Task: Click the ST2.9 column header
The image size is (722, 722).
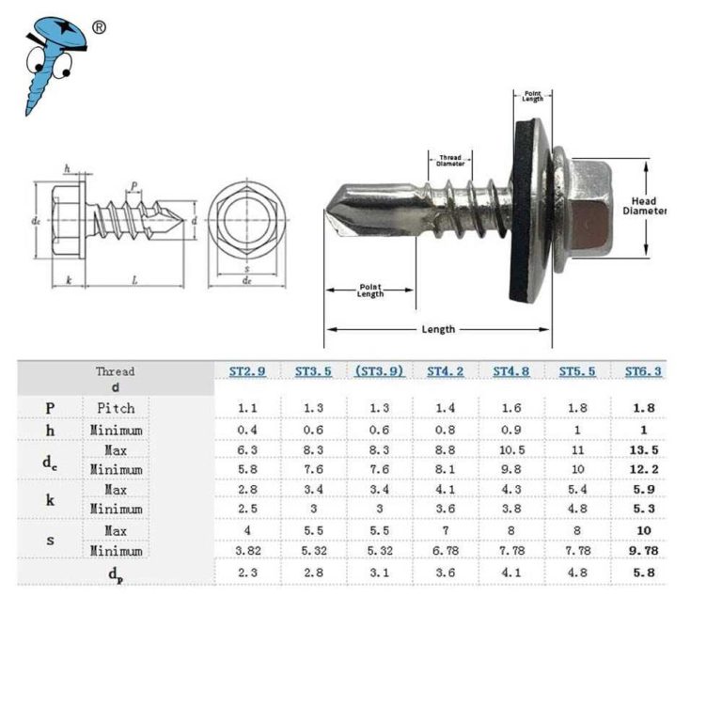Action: (247, 371)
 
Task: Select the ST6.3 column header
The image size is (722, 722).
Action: (644, 371)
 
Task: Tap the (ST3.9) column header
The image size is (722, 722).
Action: (380, 371)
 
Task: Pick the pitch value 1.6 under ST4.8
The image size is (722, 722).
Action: (511, 408)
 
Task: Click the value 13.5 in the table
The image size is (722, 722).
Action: (644, 449)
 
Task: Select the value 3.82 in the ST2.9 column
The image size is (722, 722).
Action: (247, 550)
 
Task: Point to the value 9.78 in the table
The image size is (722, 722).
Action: (644, 550)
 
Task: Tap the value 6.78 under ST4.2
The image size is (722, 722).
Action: (446, 550)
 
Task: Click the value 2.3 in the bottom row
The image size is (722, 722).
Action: (247, 572)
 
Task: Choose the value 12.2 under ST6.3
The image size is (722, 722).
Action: (644, 469)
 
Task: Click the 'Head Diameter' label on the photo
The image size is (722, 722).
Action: (644, 206)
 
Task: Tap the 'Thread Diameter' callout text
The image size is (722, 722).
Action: (450, 161)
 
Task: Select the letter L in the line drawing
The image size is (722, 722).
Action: (135, 280)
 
